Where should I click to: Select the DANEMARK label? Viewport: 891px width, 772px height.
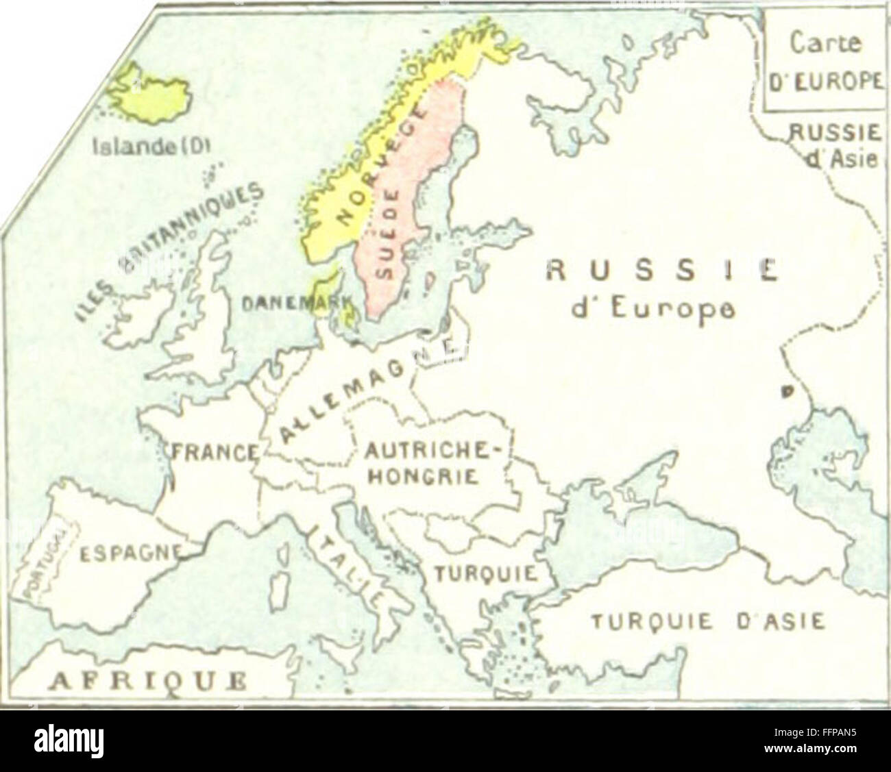pos(295,301)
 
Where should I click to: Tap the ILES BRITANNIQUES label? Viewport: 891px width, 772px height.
pos(168,247)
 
